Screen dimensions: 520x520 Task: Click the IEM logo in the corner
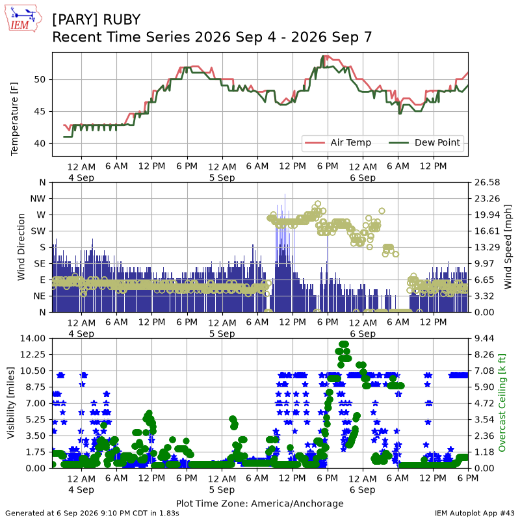tap(23, 18)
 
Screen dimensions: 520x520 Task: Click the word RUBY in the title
tap(122, 19)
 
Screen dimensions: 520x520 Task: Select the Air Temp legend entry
tap(338, 142)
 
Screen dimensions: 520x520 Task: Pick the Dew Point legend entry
tap(424, 142)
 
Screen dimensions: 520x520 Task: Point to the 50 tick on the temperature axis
tap(40, 79)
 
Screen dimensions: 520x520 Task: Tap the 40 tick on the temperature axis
tap(40, 144)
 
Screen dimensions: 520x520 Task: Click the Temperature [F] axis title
tap(14, 119)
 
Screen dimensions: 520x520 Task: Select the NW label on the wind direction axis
tap(38, 199)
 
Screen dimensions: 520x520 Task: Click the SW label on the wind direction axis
tap(38, 231)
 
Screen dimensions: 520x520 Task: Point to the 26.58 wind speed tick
tap(487, 183)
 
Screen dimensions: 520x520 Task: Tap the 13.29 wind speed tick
tap(487, 247)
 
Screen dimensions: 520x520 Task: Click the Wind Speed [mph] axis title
tap(508, 247)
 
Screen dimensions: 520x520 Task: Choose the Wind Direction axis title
tap(21, 247)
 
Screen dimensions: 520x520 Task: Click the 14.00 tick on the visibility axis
tap(32, 339)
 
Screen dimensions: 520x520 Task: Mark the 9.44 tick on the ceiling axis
tap(484, 339)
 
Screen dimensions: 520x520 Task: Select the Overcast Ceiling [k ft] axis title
tap(502, 403)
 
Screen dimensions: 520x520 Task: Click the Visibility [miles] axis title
tap(11, 403)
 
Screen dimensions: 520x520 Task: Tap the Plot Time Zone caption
tap(259, 503)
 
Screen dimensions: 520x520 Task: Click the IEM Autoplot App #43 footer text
tap(474, 513)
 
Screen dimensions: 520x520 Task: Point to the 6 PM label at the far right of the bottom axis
tap(468, 478)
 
